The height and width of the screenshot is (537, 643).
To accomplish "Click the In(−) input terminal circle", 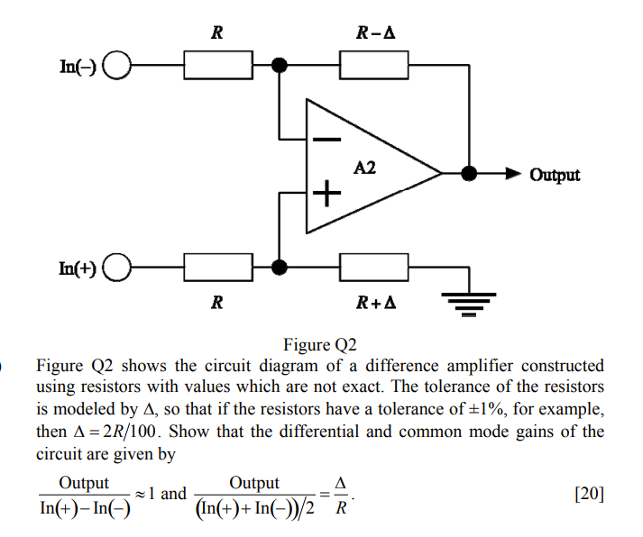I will [118, 66].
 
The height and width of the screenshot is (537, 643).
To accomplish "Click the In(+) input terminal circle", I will [118, 268].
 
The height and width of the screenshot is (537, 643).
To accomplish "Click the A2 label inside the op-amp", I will [365, 168].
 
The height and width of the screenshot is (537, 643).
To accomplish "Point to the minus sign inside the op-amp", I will [327, 140].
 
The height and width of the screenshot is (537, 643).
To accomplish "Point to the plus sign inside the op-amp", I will [327, 192].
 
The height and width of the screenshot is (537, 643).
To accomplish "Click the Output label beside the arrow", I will [555, 175].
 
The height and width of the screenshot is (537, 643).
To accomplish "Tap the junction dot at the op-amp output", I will [468, 174].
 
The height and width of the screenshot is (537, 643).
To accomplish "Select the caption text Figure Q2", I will [320, 345].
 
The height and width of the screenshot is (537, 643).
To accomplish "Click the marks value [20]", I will [588, 494].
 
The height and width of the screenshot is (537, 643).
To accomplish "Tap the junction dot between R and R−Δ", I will [280, 66].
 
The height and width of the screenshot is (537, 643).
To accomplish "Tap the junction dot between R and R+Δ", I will [280, 268].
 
